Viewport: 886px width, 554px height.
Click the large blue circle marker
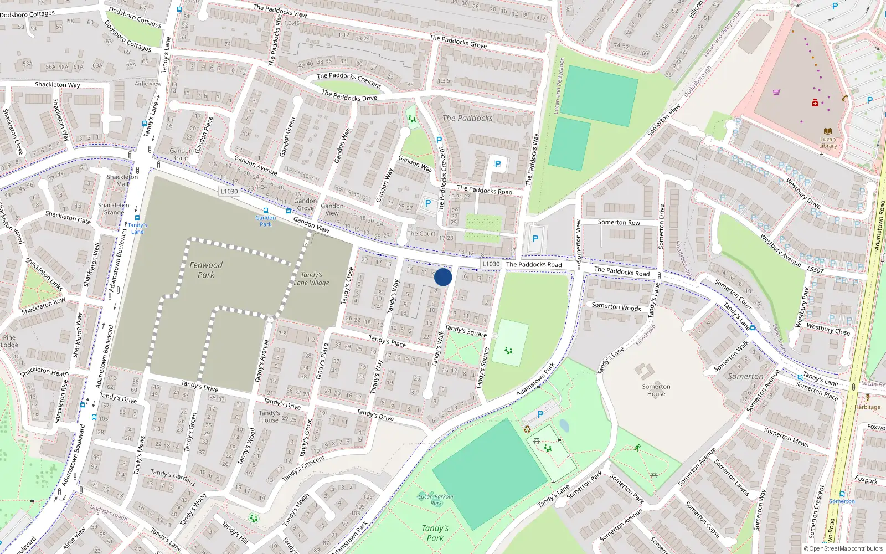coord(443,277)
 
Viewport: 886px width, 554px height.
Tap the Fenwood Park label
coord(206,270)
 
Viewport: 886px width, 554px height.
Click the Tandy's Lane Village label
coord(311,279)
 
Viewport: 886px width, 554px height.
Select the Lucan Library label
coord(828,143)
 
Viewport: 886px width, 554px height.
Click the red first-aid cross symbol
coord(815,103)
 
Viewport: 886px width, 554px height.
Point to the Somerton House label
coord(656,390)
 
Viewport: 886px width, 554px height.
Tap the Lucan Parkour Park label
coord(436,500)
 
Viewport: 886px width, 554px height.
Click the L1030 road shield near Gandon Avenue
coord(229,191)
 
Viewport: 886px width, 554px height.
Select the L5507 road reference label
coord(815,270)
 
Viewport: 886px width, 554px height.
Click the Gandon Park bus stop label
coord(266,220)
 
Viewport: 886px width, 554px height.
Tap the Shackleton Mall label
coord(122,181)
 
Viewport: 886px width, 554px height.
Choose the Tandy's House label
coord(269,417)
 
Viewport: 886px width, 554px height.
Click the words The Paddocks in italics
coord(467,118)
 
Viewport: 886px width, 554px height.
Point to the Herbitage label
coord(867,407)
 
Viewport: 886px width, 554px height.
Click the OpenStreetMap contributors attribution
coord(843,548)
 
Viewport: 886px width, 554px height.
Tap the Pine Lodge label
coord(9,341)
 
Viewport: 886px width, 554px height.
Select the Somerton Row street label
coord(619,222)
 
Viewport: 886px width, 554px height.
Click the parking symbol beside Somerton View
coord(535,239)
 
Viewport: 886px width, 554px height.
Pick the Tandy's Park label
coord(435,533)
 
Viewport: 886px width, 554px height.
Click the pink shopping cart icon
coord(776,92)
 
